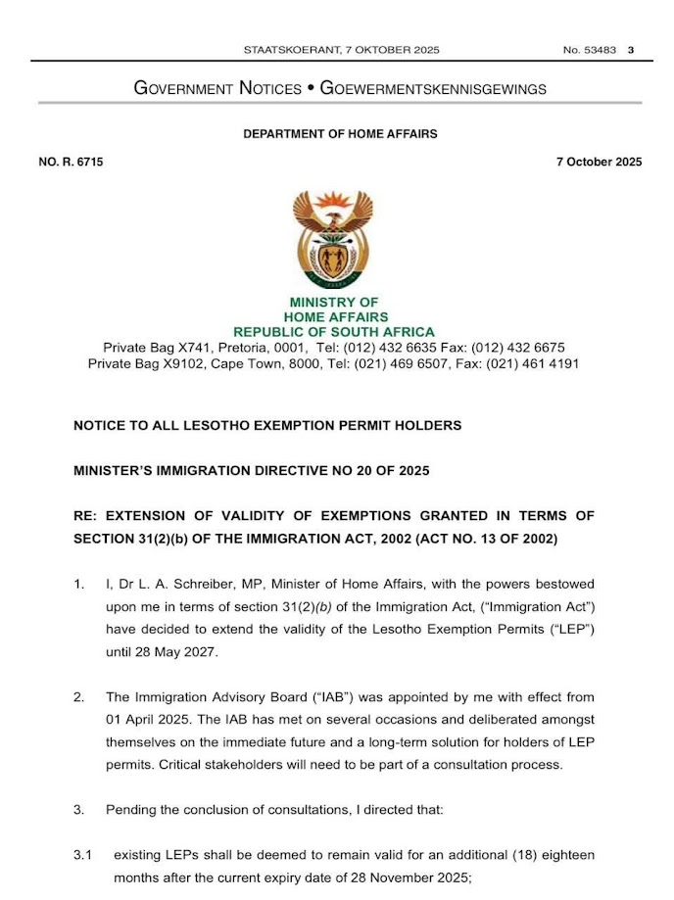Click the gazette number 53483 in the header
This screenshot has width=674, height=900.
pos(599,50)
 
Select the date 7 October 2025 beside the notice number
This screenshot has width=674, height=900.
pos(598,163)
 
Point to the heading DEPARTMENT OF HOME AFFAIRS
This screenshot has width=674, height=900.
pos(340,134)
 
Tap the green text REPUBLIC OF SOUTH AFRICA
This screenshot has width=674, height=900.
pos(334,333)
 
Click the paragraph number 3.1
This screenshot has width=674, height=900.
pos(83,856)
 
